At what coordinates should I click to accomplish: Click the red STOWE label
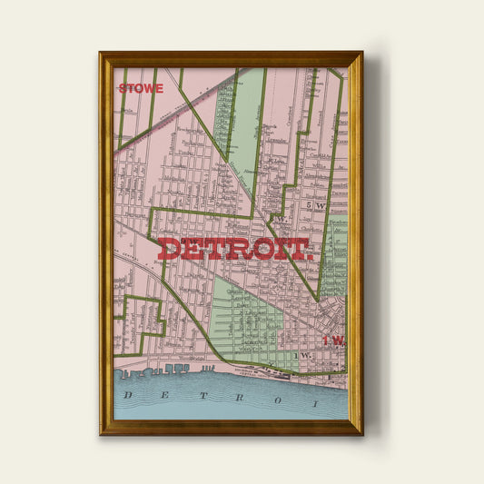(x=141, y=89)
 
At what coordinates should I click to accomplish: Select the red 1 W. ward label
(x=334, y=341)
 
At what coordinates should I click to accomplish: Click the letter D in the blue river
(x=129, y=395)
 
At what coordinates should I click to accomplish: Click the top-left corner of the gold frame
(x=101, y=53)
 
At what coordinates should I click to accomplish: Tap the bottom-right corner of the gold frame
(x=361, y=433)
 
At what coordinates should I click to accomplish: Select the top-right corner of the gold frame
(x=361, y=53)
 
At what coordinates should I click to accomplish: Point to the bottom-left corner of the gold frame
(x=101, y=433)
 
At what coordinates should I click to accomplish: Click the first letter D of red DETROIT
(x=171, y=249)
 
